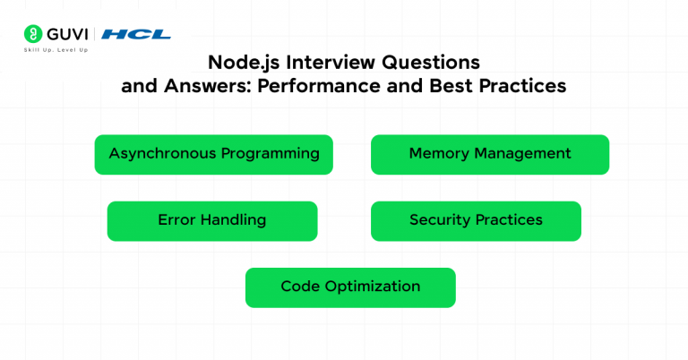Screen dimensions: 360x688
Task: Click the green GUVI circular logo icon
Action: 33,34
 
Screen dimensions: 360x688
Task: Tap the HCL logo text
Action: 135,34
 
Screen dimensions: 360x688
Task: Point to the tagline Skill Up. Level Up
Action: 56,50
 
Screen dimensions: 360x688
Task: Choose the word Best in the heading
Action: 452,86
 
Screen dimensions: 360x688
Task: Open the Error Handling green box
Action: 212,220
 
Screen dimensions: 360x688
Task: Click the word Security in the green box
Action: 440,220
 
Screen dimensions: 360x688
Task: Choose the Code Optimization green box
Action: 350,287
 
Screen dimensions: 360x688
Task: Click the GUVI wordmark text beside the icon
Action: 67,34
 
